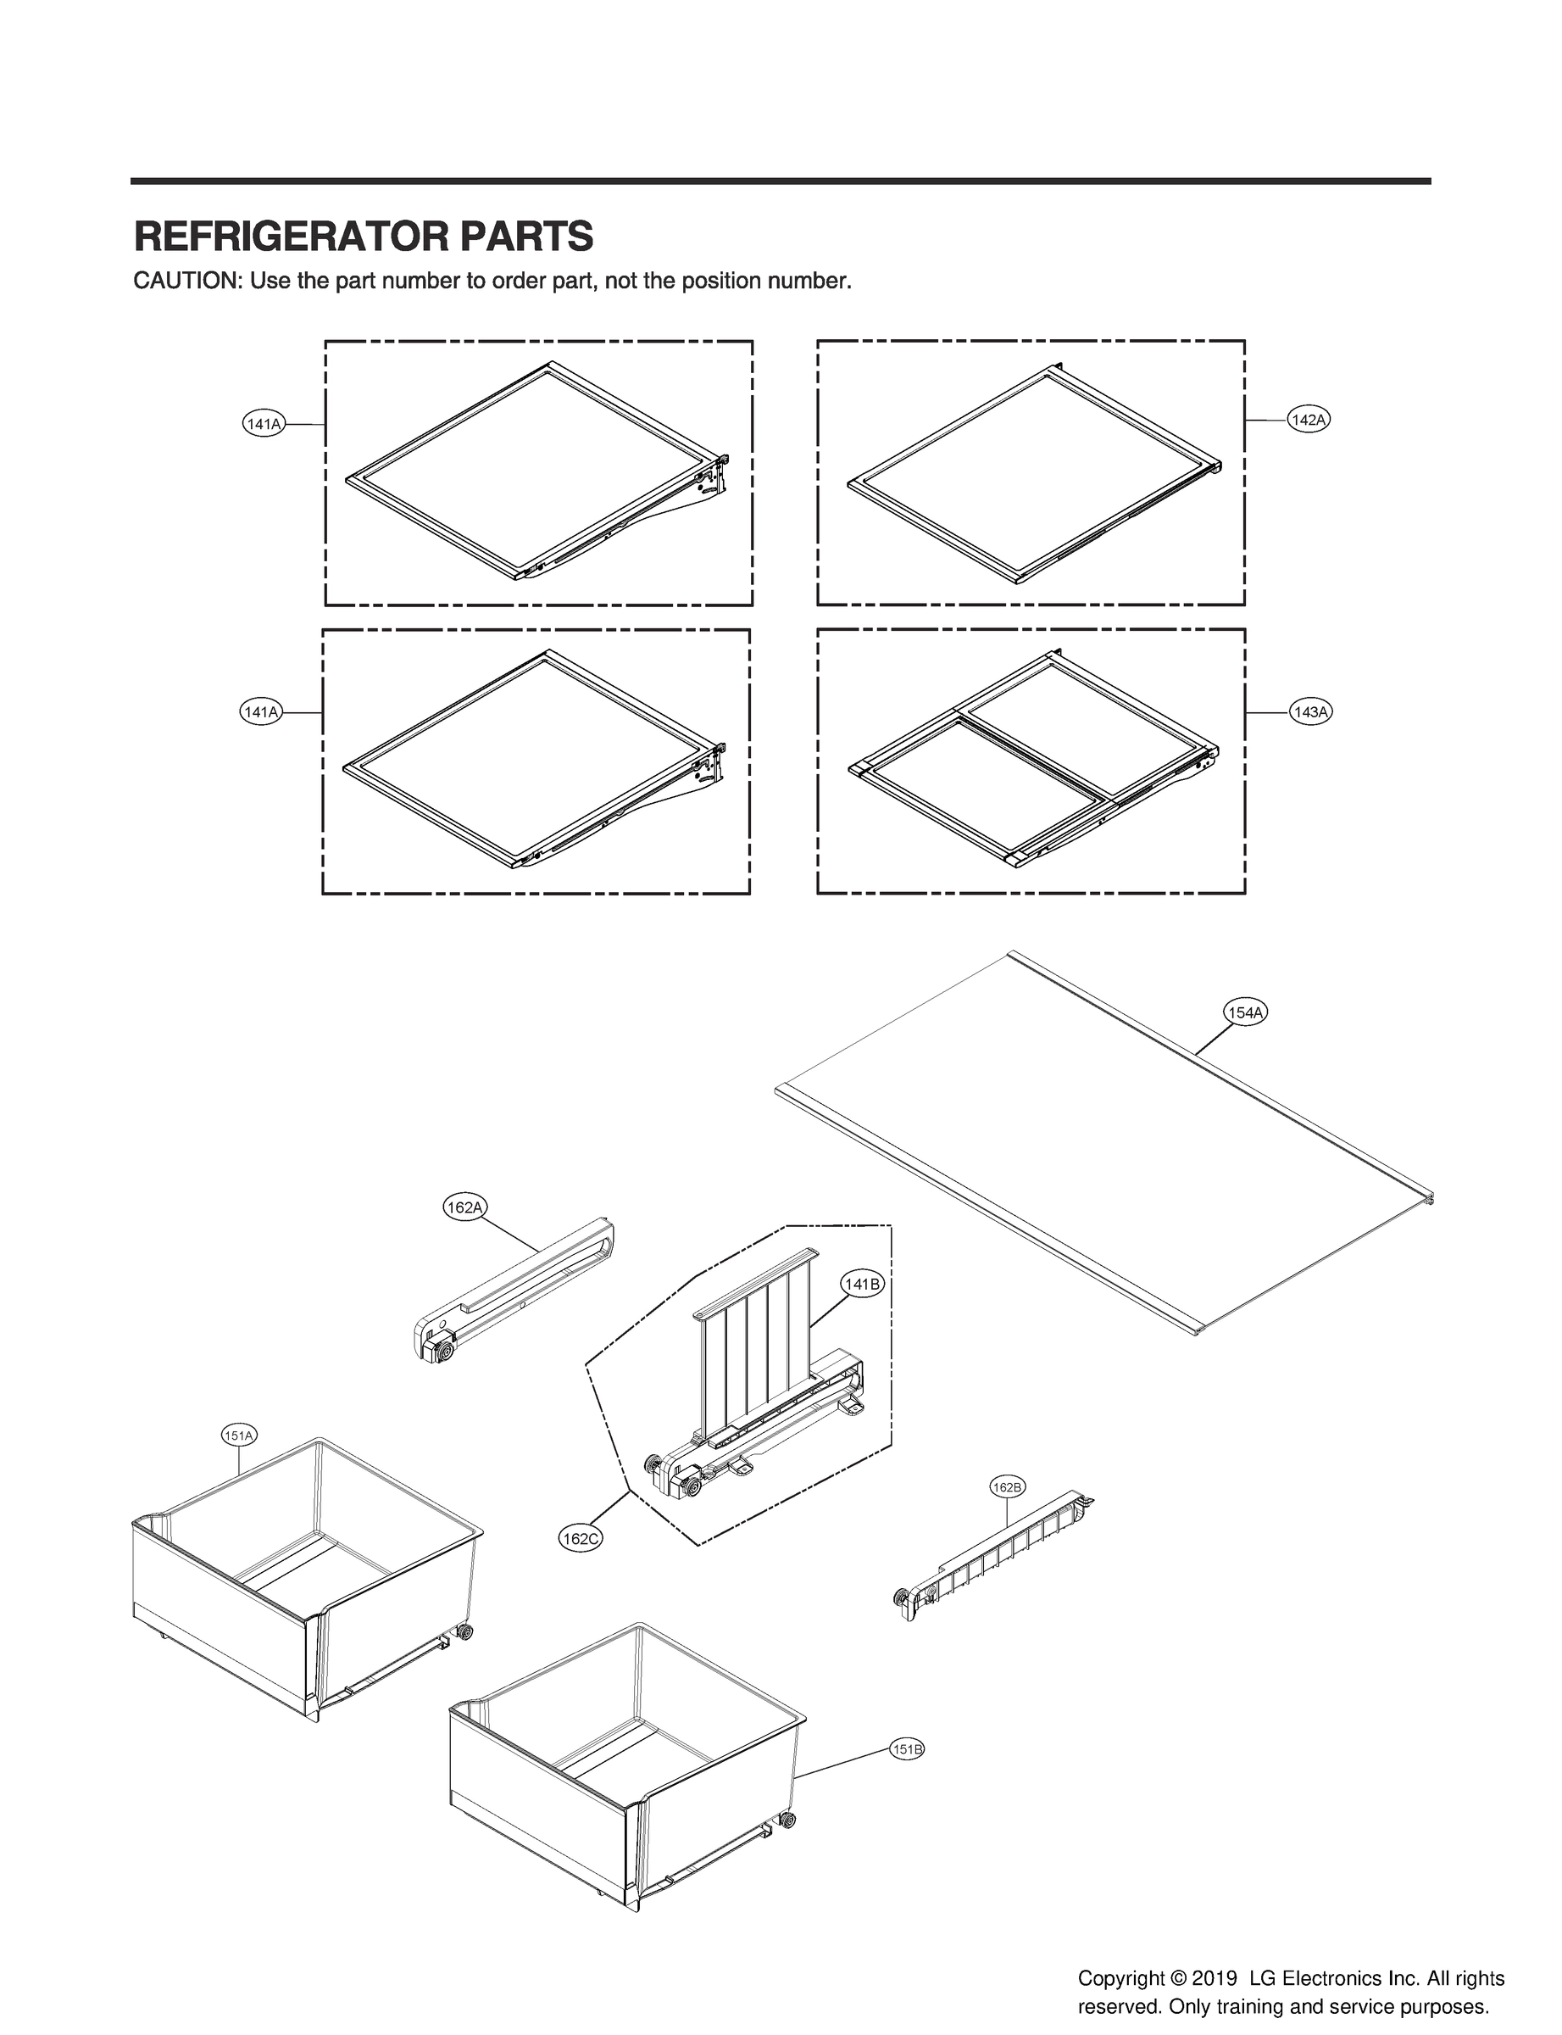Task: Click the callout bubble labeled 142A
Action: tap(1309, 421)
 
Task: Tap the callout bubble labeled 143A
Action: tap(1311, 712)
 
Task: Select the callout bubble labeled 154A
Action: tap(1245, 1013)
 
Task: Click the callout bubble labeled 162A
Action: tap(464, 1208)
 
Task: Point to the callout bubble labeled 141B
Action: tap(861, 1285)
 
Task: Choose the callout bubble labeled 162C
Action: tap(581, 1539)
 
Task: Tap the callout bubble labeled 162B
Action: tap(1007, 1488)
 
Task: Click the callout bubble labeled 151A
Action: tap(238, 1436)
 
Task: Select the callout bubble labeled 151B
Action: tap(908, 1750)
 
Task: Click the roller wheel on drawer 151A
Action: tap(465, 1632)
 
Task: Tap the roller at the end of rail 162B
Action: tap(900, 1597)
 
